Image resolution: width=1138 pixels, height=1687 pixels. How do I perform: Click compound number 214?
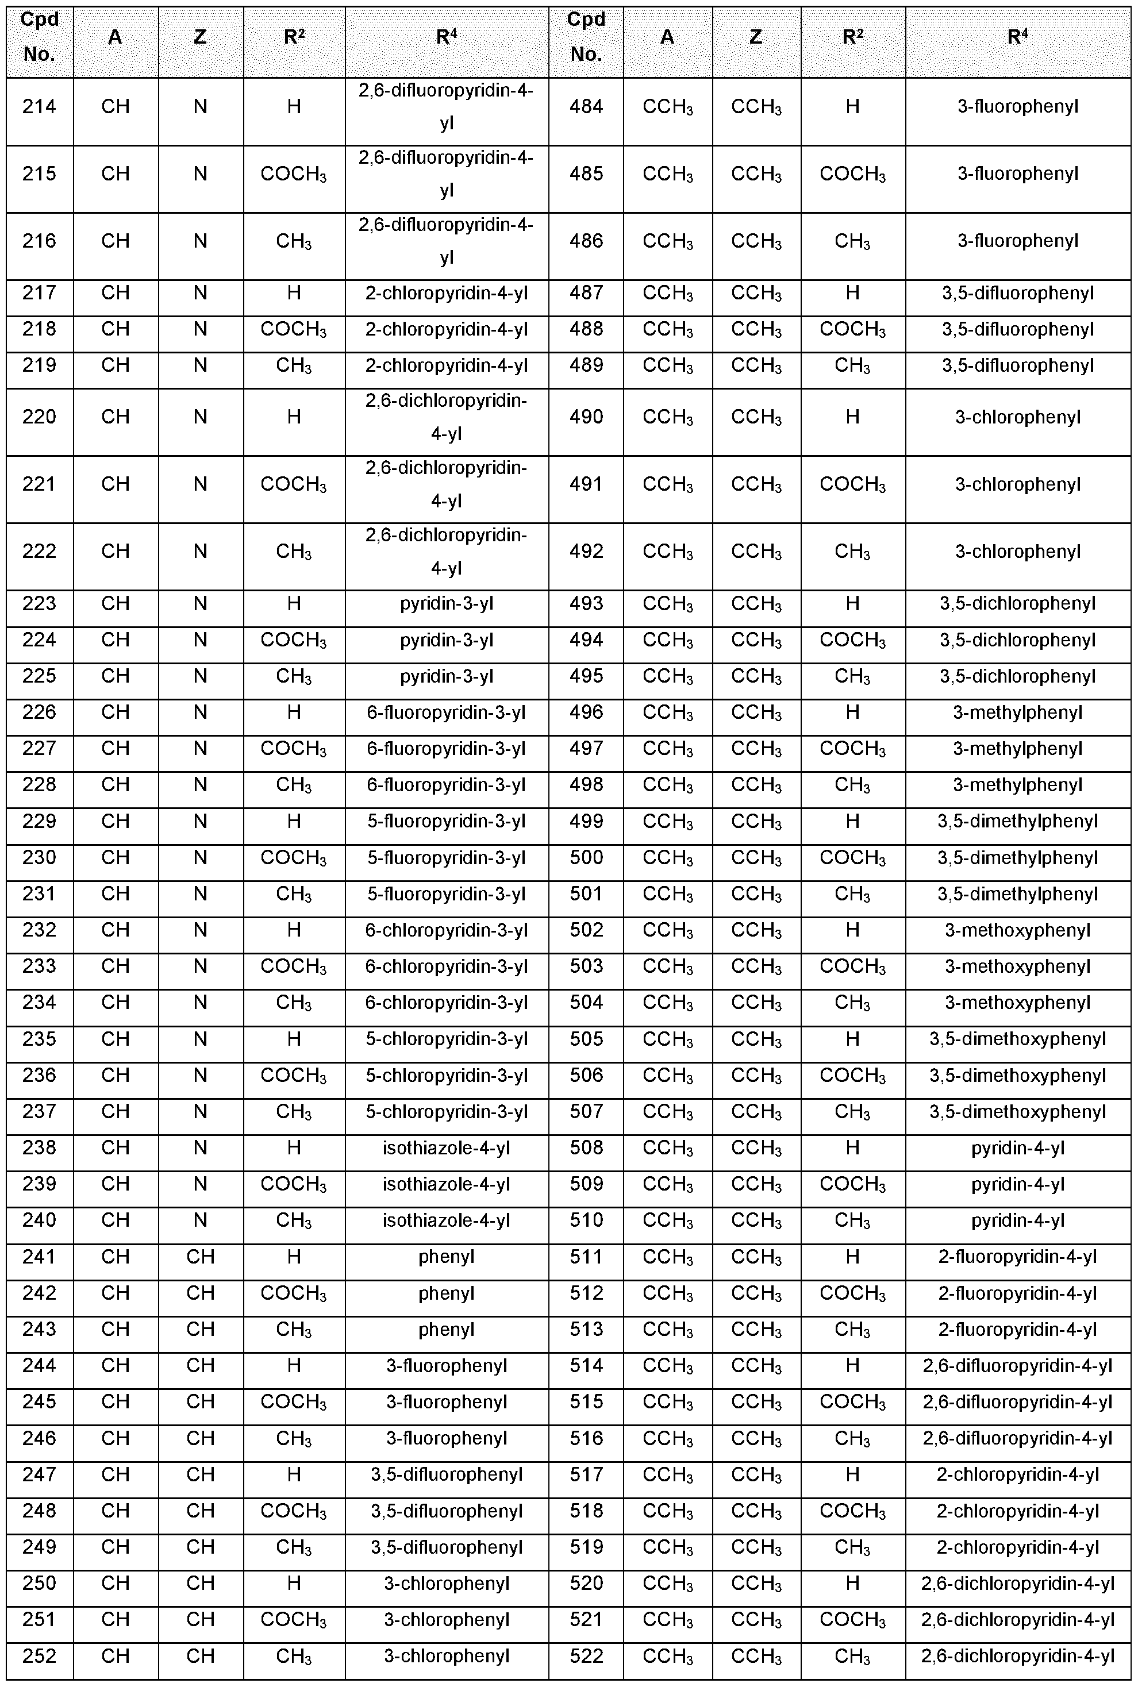coord(39,107)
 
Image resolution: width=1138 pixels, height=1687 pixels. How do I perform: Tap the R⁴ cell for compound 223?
coord(447,604)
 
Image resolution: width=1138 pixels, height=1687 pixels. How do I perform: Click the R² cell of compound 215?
coord(293,174)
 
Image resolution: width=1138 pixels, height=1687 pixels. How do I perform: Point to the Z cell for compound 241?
coord(201,1257)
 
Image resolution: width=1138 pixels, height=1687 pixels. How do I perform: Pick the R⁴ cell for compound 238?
coord(447,1148)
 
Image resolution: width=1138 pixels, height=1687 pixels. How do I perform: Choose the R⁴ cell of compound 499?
coord(1017,821)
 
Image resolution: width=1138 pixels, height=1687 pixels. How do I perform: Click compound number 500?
coord(586,858)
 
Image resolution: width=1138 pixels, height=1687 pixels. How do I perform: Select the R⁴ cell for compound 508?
coord(1017,1148)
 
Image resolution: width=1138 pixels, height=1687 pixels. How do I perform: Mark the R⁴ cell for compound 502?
coord(1017,930)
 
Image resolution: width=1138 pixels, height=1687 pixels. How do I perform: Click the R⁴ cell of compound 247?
coord(447,1474)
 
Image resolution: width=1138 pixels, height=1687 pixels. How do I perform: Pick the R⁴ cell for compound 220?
coord(447,417)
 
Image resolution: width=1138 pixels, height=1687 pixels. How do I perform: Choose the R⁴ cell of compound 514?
coord(1017,1366)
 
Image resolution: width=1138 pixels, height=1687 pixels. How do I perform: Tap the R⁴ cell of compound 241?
coord(447,1257)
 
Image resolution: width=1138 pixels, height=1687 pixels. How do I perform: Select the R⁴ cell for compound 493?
coord(1017,604)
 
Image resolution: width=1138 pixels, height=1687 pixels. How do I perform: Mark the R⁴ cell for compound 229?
coord(447,821)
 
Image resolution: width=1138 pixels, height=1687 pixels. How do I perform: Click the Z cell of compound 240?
coord(201,1220)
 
